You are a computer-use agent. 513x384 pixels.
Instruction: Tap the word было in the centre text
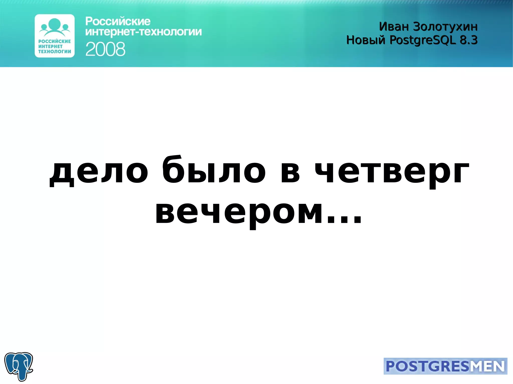pyautogui.click(x=214, y=170)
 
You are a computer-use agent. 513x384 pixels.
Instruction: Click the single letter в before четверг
pyautogui.click(x=290, y=173)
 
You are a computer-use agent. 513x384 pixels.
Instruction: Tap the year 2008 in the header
pyautogui.click(x=105, y=49)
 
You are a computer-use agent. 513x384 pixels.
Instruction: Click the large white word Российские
pyautogui.click(x=118, y=22)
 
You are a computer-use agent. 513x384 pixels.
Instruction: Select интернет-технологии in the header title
pyautogui.click(x=143, y=32)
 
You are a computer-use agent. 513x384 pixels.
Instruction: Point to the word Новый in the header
pyautogui.click(x=365, y=40)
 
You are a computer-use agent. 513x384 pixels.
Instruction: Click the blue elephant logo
pyautogui.click(x=19, y=366)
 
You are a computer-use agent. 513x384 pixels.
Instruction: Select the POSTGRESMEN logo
pyautogui.click(x=445, y=366)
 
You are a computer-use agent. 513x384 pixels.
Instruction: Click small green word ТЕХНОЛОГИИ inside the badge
pyautogui.click(x=55, y=52)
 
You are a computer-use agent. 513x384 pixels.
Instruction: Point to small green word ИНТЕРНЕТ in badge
pyautogui.click(x=50, y=47)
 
